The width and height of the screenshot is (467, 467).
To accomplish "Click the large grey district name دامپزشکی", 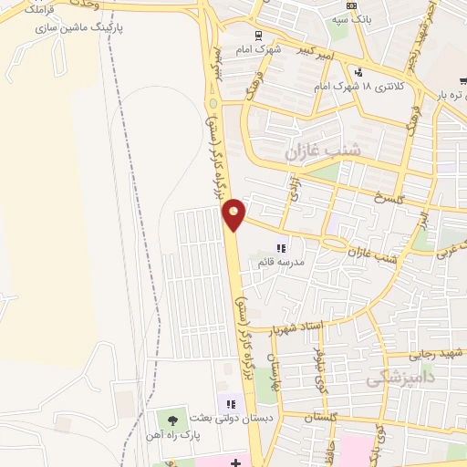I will (400, 377).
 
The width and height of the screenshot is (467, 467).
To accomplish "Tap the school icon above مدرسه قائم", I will (282, 247).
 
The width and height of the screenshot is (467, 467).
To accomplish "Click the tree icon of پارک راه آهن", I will (172, 419).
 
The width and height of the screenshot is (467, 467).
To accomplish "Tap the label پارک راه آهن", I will (170, 433).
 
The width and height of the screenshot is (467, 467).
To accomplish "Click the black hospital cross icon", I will (236, 462).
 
